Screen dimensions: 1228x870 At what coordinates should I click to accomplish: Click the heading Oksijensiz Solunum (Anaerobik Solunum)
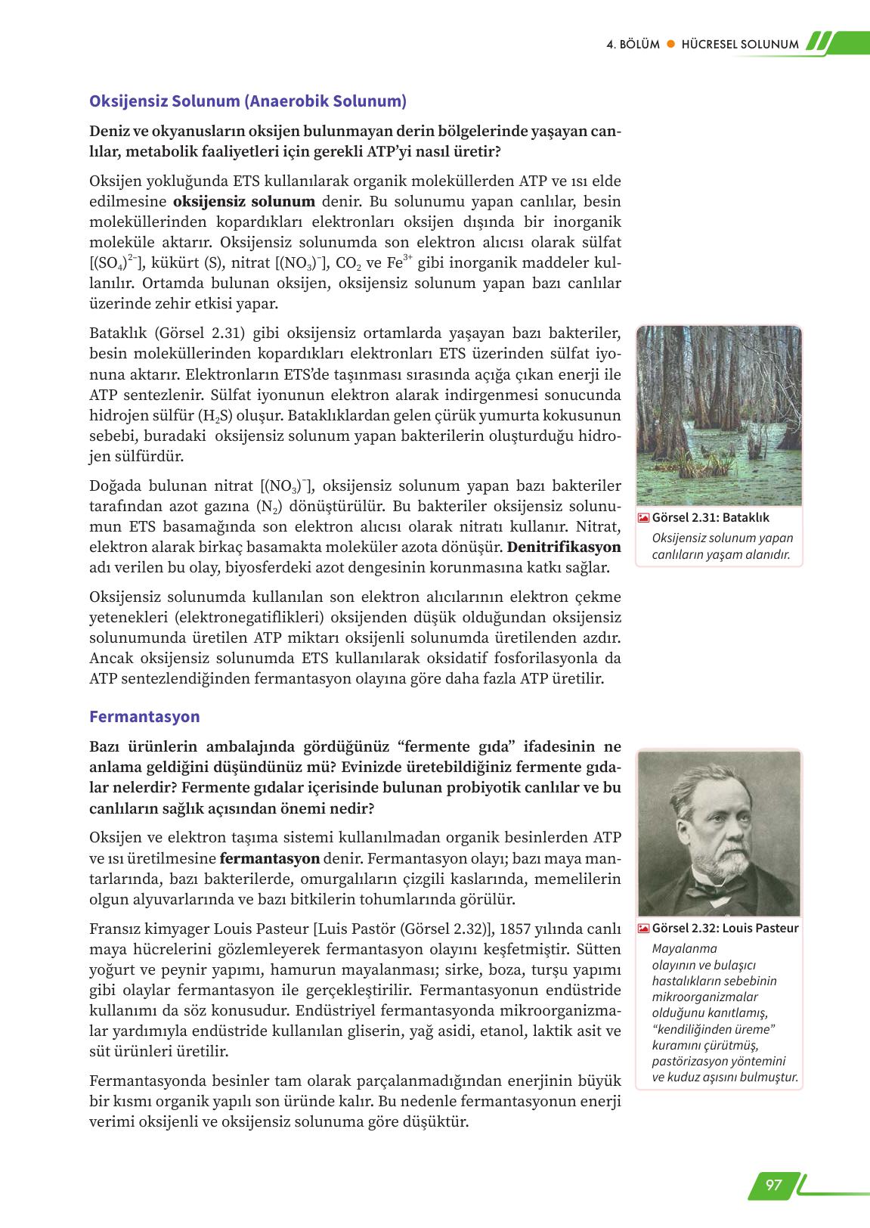click(248, 101)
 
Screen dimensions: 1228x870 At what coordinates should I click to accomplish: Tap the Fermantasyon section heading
click(144, 717)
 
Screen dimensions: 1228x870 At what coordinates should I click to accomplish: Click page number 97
click(773, 1185)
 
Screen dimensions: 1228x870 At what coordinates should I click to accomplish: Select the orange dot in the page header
click(670, 45)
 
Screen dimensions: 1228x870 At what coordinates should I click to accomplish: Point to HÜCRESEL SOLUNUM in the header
click(739, 45)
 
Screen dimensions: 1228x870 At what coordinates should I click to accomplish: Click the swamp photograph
click(719, 415)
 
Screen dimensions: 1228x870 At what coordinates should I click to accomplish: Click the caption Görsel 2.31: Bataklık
click(711, 518)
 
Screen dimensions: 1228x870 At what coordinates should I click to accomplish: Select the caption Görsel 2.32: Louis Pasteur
click(725, 929)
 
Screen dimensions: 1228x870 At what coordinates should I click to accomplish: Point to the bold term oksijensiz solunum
click(244, 202)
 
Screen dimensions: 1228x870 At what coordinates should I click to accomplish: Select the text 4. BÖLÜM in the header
click(633, 45)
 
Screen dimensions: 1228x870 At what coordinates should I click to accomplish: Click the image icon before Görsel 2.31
click(643, 518)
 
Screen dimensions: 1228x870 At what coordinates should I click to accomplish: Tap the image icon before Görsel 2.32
click(643, 929)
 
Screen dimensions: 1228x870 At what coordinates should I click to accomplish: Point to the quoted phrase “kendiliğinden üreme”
click(714, 1029)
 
